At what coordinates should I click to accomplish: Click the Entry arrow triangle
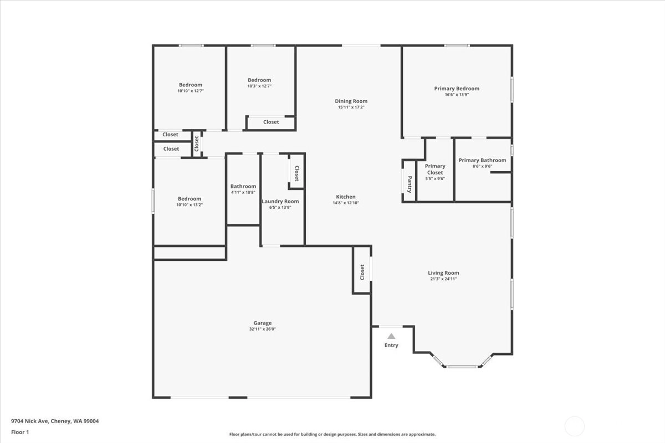pyautogui.click(x=391, y=336)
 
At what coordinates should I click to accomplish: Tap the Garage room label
pyautogui.click(x=263, y=323)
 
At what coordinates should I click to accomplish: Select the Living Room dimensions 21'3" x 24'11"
pyautogui.click(x=443, y=279)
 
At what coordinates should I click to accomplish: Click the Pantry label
pyautogui.click(x=410, y=184)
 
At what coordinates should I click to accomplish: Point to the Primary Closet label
pyautogui.click(x=435, y=169)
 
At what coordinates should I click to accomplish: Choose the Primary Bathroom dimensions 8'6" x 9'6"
pyautogui.click(x=483, y=166)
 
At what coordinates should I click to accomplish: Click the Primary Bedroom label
pyautogui.click(x=457, y=89)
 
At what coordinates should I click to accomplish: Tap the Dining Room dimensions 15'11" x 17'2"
pyautogui.click(x=351, y=107)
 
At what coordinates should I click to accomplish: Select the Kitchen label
pyautogui.click(x=346, y=197)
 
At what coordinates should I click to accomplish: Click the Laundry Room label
pyautogui.click(x=280, y=202)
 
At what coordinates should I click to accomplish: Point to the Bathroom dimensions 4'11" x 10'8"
pyautogui.click(x=243, y=192)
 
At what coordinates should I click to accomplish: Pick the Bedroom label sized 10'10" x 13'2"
pyautogui.click(x=190, y=199)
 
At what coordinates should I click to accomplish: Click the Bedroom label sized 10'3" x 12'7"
pyautogui.click(x=259, y=80)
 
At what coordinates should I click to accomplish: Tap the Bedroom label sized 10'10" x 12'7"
pyautogui.click(x=191, y=85)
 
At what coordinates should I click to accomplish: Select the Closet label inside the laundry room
pyautogui.click(x=296, y=173)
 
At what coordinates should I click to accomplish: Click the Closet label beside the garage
pyautogui.click(x=362, y=272)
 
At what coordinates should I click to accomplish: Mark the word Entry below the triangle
pyautogui.click(x=391, y=345)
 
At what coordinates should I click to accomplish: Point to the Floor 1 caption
pyautogui.click(x=20, y=432)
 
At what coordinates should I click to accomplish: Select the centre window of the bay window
pyautogui.click(x=462, y=367)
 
